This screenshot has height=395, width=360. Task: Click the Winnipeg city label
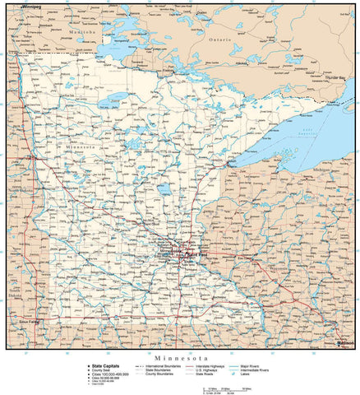32,7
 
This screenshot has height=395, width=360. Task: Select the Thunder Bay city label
335,77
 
